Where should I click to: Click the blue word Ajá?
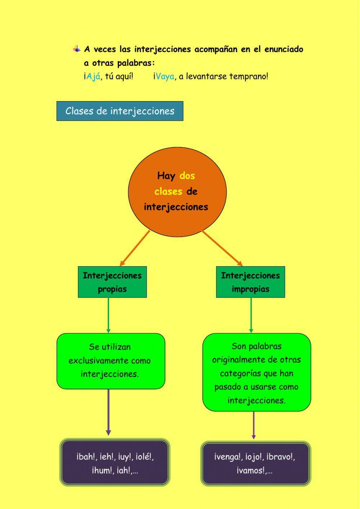click(93, 76)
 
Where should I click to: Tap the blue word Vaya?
click(165, 76)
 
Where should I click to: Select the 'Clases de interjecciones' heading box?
click(120, 111)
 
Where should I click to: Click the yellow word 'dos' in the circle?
click(187, 176)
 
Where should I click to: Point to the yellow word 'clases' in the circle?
click(168, 191)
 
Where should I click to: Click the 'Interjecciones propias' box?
click(112, 282)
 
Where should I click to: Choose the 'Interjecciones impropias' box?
click(250, 282)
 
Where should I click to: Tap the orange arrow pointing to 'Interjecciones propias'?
click(135, 248)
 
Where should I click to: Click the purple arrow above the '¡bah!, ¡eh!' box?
click(108, 412)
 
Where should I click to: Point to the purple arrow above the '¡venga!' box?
click(254, 425)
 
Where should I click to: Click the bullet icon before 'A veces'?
click(77, 49)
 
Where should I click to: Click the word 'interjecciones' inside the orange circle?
click(176, 207)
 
